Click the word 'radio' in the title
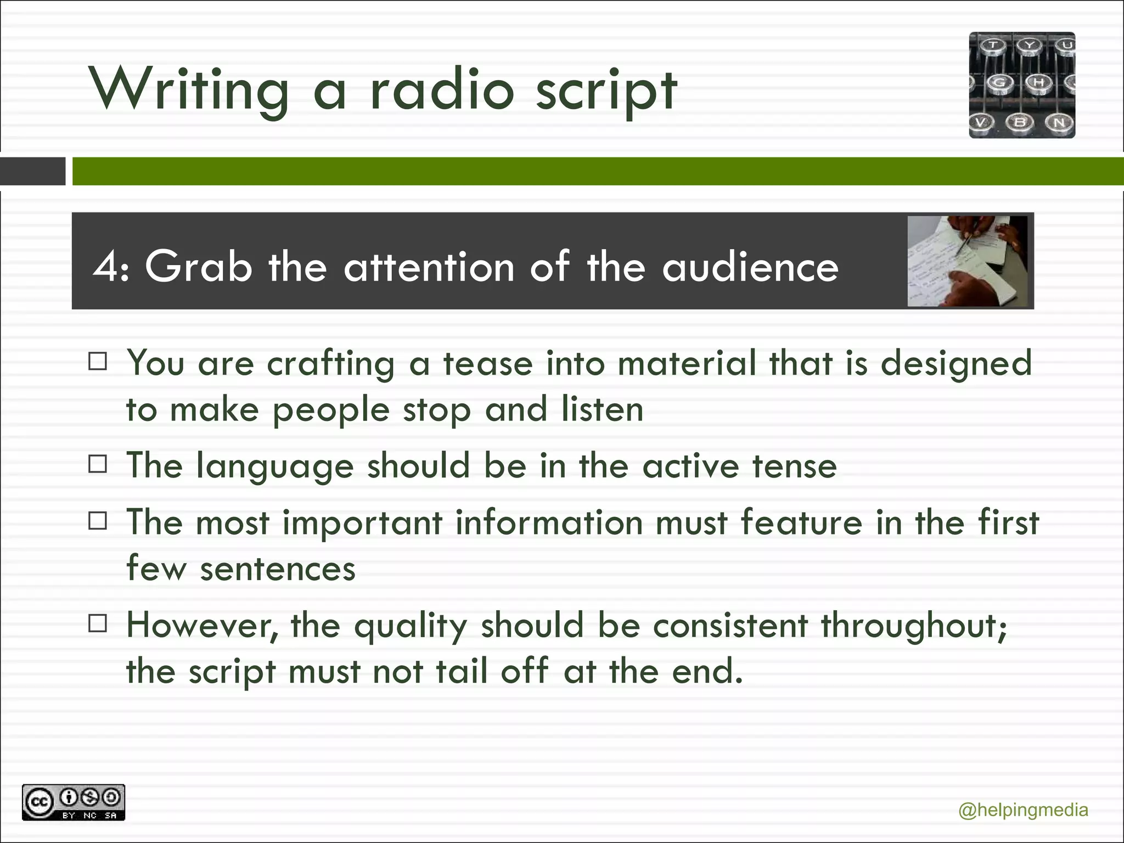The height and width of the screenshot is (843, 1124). coord(442,91)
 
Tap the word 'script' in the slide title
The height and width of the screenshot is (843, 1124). coord(606,92)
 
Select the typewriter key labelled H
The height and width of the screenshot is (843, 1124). coord(1039,83)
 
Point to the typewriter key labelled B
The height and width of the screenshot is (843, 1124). coord(1020,122)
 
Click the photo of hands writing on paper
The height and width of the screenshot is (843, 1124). coord(967,261)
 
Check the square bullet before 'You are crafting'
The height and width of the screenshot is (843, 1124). coord(98,362)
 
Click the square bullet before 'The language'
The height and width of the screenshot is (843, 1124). coord(98,464)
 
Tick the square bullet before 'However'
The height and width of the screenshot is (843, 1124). coord(98,623)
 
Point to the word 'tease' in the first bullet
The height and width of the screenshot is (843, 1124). coord(488,364)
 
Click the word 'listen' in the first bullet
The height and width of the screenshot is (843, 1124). coord(602,409)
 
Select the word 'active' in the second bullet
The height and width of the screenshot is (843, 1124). coord(690,466)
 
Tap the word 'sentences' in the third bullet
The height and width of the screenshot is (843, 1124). coord(278,569)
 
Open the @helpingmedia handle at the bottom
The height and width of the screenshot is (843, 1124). coord(1023,810)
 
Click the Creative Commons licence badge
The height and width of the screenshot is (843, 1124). coord(74,802)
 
